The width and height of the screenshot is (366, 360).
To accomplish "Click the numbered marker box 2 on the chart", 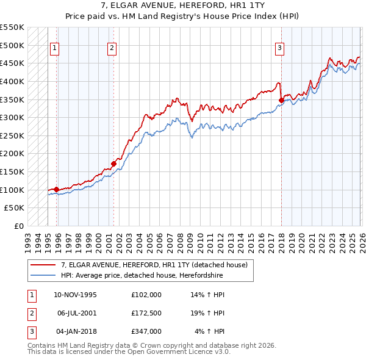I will [x=113, y=49].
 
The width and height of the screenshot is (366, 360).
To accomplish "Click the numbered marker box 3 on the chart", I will [x=280, y=49].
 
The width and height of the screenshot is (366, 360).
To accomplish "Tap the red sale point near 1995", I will [x=56, y=189].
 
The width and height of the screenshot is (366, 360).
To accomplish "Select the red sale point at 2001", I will [x=113, y=164].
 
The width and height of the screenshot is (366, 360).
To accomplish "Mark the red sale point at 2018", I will [x=281, y=101].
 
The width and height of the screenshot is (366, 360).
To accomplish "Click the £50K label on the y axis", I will [x=14, y=208].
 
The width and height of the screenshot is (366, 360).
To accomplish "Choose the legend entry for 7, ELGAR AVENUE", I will [x=154, y=265].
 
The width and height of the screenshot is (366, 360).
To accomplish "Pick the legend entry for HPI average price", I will [x=142, y=276].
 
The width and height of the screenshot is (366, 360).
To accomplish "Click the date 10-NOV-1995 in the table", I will [x=75, y=295].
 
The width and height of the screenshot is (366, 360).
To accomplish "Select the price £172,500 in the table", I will [x=146, y=313].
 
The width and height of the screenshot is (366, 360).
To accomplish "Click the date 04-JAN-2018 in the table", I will [x=75, y=331].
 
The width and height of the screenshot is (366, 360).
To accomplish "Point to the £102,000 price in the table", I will [x=146, y=295].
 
